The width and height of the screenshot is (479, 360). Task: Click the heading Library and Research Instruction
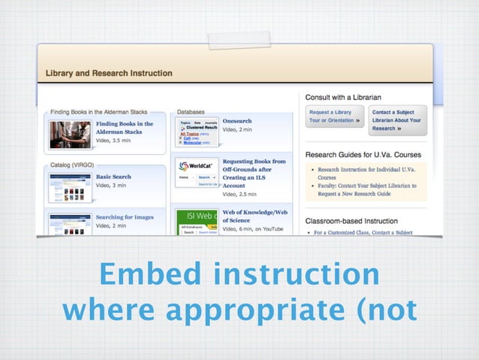tap(109, 74)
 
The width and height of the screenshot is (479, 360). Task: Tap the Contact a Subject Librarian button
tap(397, 120)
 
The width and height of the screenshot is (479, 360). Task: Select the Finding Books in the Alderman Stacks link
tap(124, 128)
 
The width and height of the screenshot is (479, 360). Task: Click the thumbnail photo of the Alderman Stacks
tap(70, 135)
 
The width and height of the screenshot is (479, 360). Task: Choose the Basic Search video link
tap(113, 177)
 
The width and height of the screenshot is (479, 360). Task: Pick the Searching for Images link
tap(124, 217)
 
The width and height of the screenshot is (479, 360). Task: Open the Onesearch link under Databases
tap(237, 121)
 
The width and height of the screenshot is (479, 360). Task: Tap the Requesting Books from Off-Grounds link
tap(254, 173)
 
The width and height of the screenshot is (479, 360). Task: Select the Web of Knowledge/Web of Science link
tap(255, 216)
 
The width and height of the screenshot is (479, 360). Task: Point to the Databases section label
tap(191, 111)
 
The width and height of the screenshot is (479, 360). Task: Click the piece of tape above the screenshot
tap(239, 40)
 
